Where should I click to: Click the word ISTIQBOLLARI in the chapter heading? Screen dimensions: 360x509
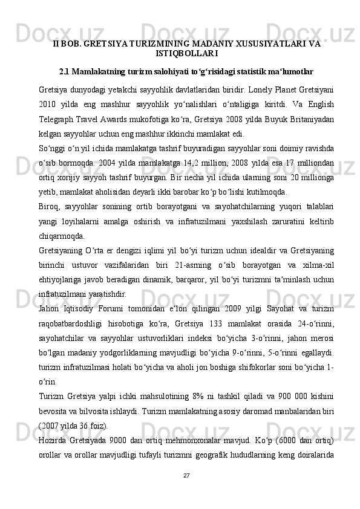(179, 53)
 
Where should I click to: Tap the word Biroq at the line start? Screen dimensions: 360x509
(50, 213)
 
